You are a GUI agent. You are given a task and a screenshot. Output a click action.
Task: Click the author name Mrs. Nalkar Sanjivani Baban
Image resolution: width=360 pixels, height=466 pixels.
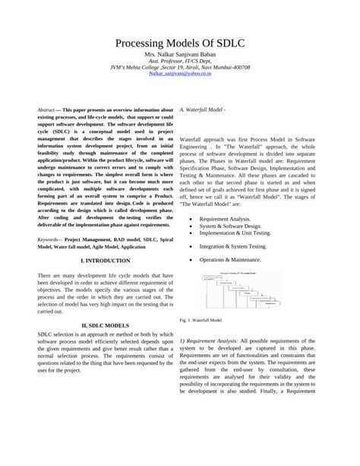pyautogui.click(x=179, y=57)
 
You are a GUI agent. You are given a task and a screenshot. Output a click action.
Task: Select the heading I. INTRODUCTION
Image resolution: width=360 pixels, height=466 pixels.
pyautogui.click(x=96, y=260)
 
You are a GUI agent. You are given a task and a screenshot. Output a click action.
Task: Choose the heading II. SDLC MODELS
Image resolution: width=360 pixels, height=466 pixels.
pyautogui.click(x=96, y=325)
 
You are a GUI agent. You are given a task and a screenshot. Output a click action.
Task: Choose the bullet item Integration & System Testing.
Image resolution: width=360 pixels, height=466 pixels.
pyautogui.click(x=234, y=246)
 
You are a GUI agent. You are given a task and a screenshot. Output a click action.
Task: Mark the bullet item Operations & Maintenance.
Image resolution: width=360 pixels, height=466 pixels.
pyautogui.click(x=231, y=260)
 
